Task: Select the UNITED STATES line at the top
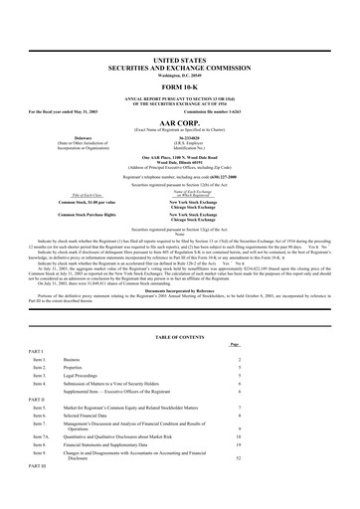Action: coord(180,33)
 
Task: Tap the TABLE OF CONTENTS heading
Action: coord(180,338)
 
